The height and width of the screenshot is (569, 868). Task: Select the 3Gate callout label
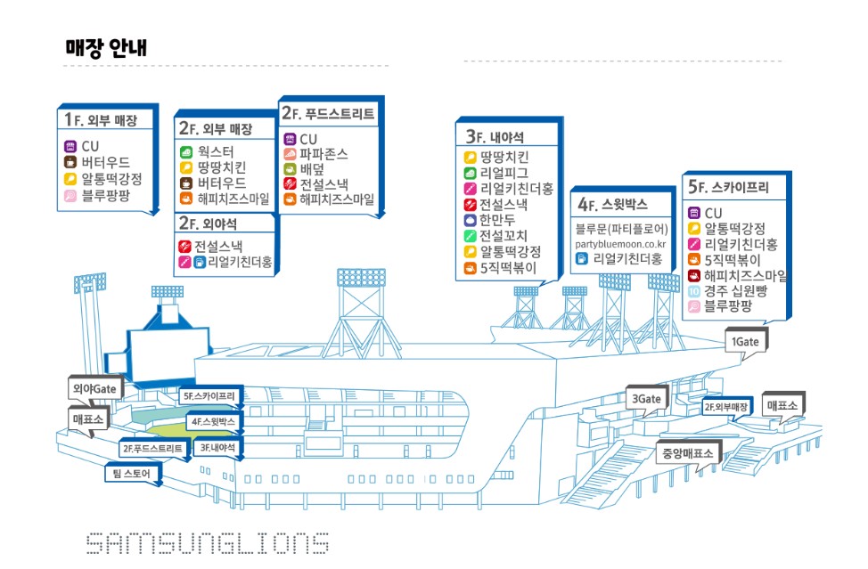647,399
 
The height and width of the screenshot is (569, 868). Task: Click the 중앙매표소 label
687,453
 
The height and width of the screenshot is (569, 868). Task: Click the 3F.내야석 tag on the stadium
218,448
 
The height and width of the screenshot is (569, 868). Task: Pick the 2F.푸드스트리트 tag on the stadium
153,449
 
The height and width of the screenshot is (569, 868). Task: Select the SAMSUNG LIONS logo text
207,542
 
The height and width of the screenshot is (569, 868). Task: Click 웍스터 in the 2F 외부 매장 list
216,151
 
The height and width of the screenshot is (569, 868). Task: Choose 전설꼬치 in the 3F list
504,236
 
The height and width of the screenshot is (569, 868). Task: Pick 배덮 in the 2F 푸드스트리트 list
311,169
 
